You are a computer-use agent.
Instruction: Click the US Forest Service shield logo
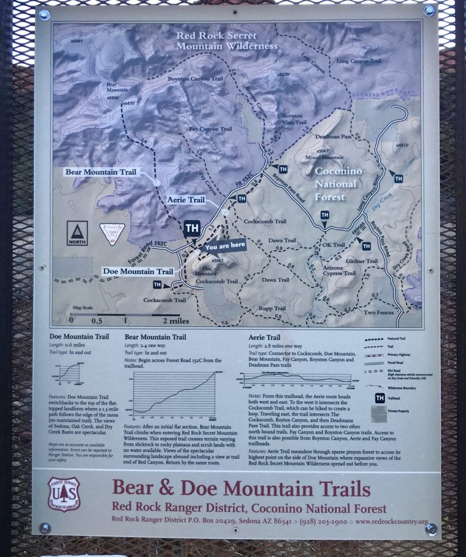point(64,494)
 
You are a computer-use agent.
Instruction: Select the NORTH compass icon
point(77,233)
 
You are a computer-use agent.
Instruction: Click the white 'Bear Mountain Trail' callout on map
point(102,172)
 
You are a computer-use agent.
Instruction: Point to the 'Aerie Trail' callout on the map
point(186,200)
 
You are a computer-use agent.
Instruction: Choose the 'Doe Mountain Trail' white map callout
point(138,271)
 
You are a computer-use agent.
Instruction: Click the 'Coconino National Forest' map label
point(338,183)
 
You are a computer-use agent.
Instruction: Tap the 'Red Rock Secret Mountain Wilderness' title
point(226,41)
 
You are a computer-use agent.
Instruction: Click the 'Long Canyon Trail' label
point(359,61)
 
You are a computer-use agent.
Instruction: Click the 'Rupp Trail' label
point(272,308)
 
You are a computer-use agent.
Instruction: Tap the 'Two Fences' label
point(378,313)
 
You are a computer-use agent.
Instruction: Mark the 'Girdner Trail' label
point(361,261)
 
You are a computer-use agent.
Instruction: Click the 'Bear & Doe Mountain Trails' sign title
point(242,488)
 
